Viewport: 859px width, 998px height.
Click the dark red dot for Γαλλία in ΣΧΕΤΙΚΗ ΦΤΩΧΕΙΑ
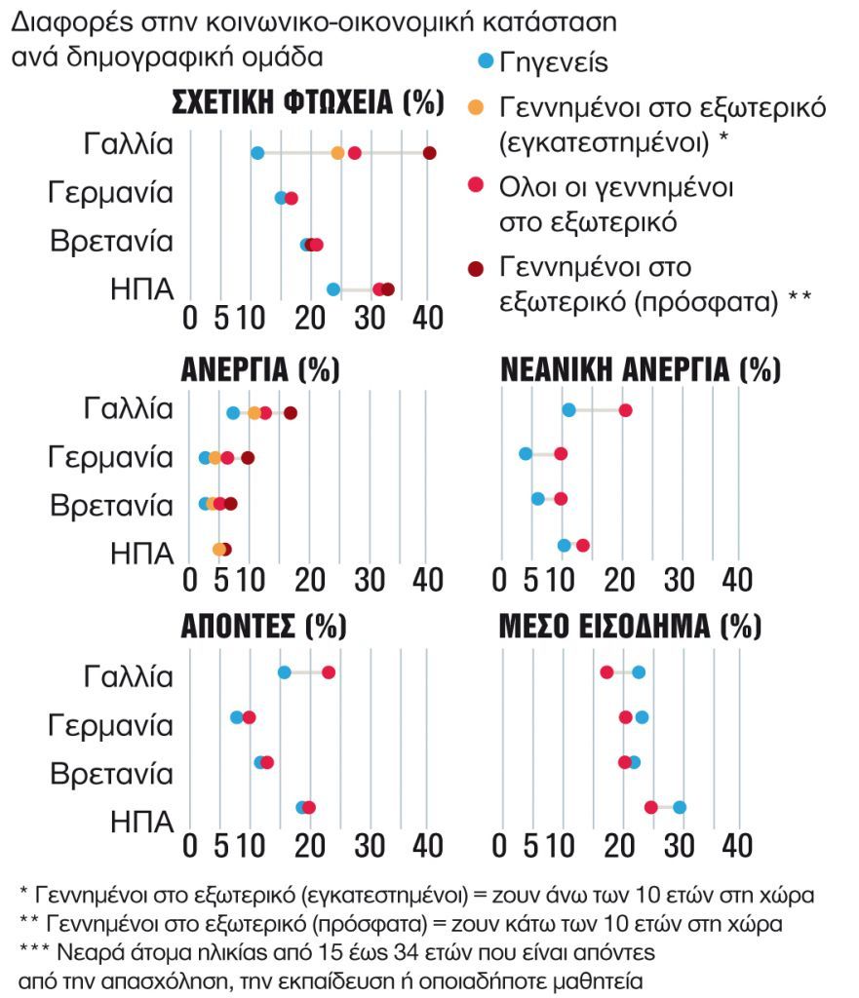click(429, 153)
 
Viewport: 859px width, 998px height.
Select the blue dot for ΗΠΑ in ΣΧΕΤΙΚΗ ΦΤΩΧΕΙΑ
click(333, 289)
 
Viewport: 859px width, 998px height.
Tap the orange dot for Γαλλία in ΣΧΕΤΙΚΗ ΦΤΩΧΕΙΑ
click(337, 153)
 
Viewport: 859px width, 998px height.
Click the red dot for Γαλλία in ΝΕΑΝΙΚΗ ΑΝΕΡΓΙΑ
click(625, 410)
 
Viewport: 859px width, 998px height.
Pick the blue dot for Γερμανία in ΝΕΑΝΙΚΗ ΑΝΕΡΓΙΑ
click(526, 454)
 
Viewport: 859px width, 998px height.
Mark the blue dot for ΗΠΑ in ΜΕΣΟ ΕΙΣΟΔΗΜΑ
click(680, 807)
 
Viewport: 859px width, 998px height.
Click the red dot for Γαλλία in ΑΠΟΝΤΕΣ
click(329, 672)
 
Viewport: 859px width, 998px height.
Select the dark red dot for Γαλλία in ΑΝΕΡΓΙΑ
click(290, 413)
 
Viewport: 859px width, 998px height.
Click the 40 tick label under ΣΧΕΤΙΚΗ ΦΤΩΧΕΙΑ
click(427, 319)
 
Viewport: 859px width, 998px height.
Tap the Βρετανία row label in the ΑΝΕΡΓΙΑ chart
click(112, 505)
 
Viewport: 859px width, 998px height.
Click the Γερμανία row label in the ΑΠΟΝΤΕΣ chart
click(112, 725)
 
